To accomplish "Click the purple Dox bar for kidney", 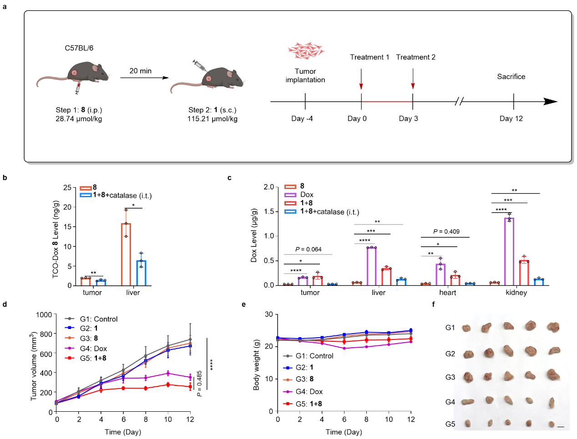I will [509, 251].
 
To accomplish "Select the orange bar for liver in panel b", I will [126, 254].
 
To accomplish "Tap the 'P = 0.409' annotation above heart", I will [446, 232].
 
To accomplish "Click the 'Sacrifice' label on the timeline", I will [511, 77].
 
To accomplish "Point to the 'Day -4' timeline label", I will [302, 119].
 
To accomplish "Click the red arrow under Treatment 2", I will [413, 79].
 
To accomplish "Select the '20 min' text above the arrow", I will [140, 71].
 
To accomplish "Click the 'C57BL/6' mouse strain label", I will [79, 48].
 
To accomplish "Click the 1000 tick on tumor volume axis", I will [44, 314].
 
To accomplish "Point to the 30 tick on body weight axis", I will [269, 314].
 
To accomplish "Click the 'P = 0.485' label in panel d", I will [199, 383].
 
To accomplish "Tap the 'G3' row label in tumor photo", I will [450, 377].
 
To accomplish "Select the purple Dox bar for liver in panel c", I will [371, 266].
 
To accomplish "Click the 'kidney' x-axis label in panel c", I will [516, 293].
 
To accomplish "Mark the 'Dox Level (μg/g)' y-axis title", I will [254, 235].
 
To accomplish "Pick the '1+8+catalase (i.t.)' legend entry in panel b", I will [122, 195].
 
